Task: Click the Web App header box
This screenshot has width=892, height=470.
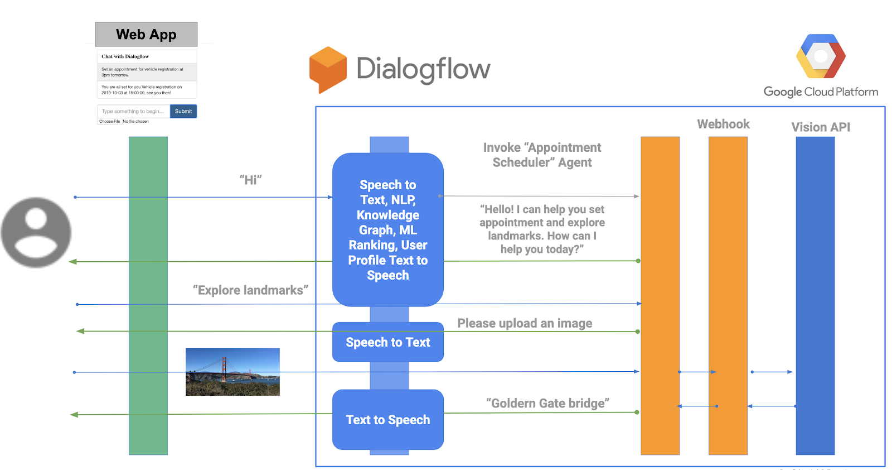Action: [x=146, y=35]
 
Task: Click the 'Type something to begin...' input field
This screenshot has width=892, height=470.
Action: [x=133, y=112]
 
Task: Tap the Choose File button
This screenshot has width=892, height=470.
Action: [x=110, y=122]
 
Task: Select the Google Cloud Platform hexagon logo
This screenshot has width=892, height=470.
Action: [x=821, y=56]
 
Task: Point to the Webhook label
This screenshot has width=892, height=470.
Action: [x=723, y=124]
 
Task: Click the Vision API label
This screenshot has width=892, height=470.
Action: [x=820, y=127]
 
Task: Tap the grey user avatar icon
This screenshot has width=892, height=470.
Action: [x=36, y=232]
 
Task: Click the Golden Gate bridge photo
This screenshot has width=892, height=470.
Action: [x=232, y=372]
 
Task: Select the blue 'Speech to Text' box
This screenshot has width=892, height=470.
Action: [x=388, y=342]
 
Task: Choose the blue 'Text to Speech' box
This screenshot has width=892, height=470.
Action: [x=388, y=420]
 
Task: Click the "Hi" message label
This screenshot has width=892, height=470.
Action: [x=250, y=180]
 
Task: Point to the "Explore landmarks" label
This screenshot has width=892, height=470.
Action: [x=250, y=290]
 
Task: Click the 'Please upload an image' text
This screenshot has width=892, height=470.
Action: [x=525, y=323]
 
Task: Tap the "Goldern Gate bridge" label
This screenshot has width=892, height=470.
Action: [x=547, y=403]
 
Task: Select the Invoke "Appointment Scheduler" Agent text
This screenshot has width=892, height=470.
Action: [x=542, y=155]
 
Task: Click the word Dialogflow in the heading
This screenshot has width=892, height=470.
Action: [x=423, y=69]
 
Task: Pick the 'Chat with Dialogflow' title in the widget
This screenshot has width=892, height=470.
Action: [x=125, y=56]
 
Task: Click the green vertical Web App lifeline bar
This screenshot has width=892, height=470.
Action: [x=148, y=296]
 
